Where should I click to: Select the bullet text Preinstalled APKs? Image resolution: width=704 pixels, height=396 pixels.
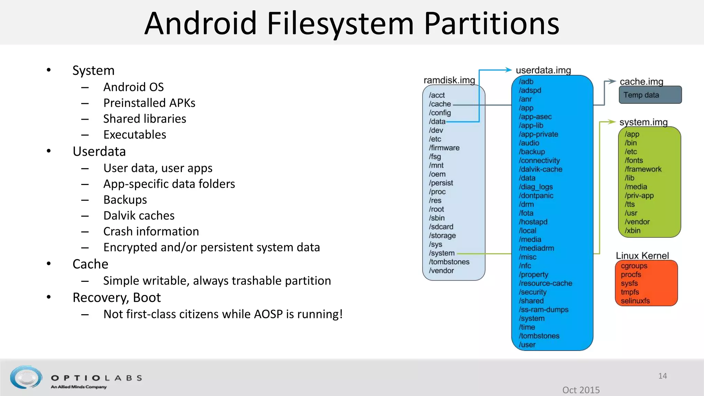tap(149, 103)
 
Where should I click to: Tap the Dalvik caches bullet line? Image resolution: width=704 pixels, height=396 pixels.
tap(139, 216)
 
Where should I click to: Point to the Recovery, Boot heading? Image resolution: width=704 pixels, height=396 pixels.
tap(117, 297)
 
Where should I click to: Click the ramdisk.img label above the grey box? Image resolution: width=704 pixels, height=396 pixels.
tap(449, 80)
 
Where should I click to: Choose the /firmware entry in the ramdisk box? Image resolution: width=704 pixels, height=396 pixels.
tap(444, 148)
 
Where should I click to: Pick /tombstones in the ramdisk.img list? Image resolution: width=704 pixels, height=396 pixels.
tap(449, 262)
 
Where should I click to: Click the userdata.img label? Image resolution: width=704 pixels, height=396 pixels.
tap(543, 70)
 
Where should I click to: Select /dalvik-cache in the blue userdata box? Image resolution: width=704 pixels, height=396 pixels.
tap(541, 169)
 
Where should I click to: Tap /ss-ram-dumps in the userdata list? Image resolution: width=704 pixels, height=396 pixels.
tap(543, 309)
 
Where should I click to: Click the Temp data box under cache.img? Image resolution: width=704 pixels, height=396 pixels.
tap(650, 95)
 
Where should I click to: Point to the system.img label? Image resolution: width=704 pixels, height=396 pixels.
tap(643, 122)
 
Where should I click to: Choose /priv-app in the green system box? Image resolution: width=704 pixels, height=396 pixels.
tap(639, 196)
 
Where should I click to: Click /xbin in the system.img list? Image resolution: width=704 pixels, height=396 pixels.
tap(632, 231)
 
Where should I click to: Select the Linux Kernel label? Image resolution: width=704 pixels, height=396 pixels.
tap(642, 256)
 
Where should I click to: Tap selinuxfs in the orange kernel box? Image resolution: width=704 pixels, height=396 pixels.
tap(635, 301)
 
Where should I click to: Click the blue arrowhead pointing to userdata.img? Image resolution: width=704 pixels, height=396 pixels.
tap(509, 70)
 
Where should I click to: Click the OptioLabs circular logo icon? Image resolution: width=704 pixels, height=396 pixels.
tap(26, 377)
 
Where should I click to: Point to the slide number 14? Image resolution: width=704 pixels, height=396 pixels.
tap(662, 376)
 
